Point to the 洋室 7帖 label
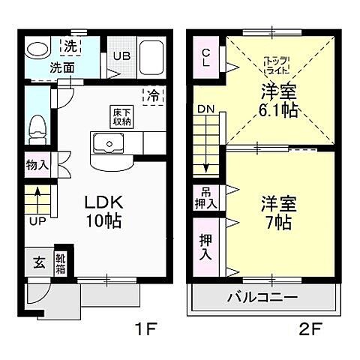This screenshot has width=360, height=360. coord(279,212)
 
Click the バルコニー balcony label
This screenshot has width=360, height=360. coord(262,297)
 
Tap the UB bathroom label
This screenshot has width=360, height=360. coord(122,55)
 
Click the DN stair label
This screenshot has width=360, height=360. coord(205,109)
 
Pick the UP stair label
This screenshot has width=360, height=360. coord(34,222)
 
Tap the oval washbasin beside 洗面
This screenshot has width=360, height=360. coord(36,49)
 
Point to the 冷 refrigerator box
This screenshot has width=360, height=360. coord(153,96)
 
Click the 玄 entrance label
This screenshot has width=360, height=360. coord(38,262)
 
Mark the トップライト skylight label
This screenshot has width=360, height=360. coord(279,64)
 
